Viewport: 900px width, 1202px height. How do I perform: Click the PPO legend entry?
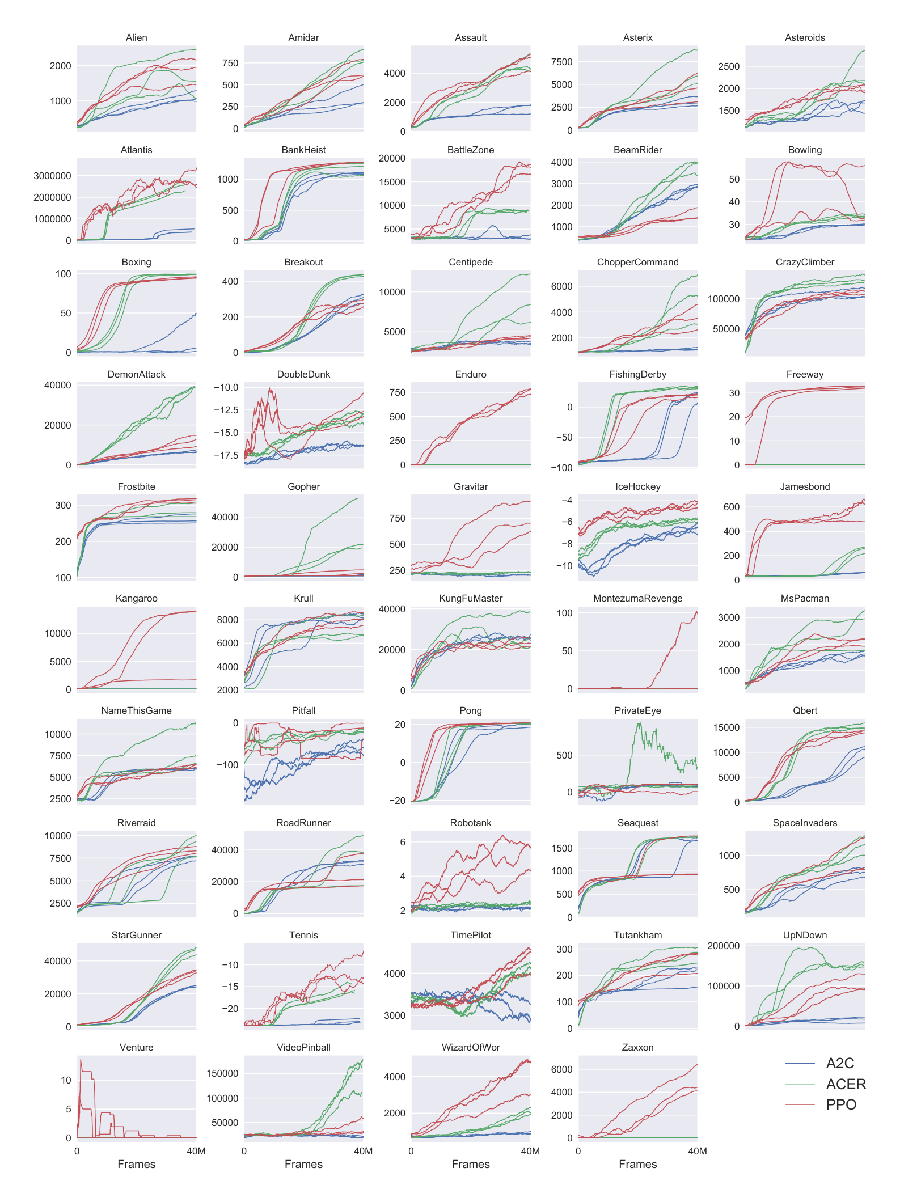840,1104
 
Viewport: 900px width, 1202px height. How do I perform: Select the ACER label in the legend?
846,1084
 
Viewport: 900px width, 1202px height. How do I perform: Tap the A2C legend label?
840,1063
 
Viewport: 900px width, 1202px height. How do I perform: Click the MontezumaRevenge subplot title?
637,598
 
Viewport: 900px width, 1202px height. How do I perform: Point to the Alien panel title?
136,37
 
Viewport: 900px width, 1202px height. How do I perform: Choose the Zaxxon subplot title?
637,1047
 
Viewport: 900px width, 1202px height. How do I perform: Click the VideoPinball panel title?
303,1047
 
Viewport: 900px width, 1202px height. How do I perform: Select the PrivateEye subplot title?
637,710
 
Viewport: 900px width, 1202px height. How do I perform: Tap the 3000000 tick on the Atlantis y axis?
52,176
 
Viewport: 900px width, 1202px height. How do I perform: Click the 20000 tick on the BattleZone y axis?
392,158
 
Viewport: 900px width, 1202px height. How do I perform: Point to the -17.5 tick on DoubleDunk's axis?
226,455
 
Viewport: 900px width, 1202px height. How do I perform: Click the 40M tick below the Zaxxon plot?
697,1151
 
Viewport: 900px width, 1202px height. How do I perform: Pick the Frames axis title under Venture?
136,1164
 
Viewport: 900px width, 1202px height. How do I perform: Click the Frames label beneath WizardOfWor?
471,1164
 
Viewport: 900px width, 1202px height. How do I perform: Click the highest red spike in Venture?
81,1060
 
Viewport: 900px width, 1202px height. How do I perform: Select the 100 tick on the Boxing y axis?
64,274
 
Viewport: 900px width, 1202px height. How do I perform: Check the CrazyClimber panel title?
805,262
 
